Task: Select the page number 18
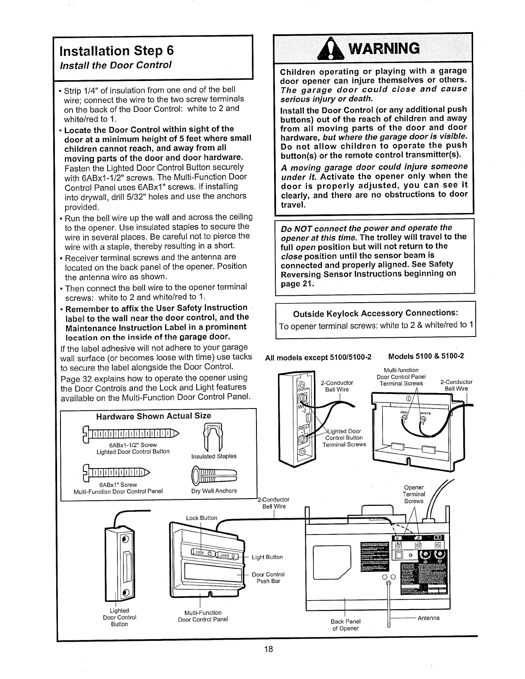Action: [269, 649]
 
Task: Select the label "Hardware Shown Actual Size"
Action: [154, 416]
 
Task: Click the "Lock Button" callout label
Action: [202, 518]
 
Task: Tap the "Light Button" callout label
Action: [267, 557]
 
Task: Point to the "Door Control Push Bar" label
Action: [268, 578]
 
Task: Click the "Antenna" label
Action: [428, 618]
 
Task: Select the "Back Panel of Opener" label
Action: [345, 625]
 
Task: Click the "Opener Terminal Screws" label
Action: [414, 494]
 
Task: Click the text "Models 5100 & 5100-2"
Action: [426, 356]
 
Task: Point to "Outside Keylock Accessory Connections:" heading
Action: [375, 313]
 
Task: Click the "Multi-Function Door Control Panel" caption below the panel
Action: [203, 616]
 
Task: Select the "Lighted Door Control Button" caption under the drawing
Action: [119, 617]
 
